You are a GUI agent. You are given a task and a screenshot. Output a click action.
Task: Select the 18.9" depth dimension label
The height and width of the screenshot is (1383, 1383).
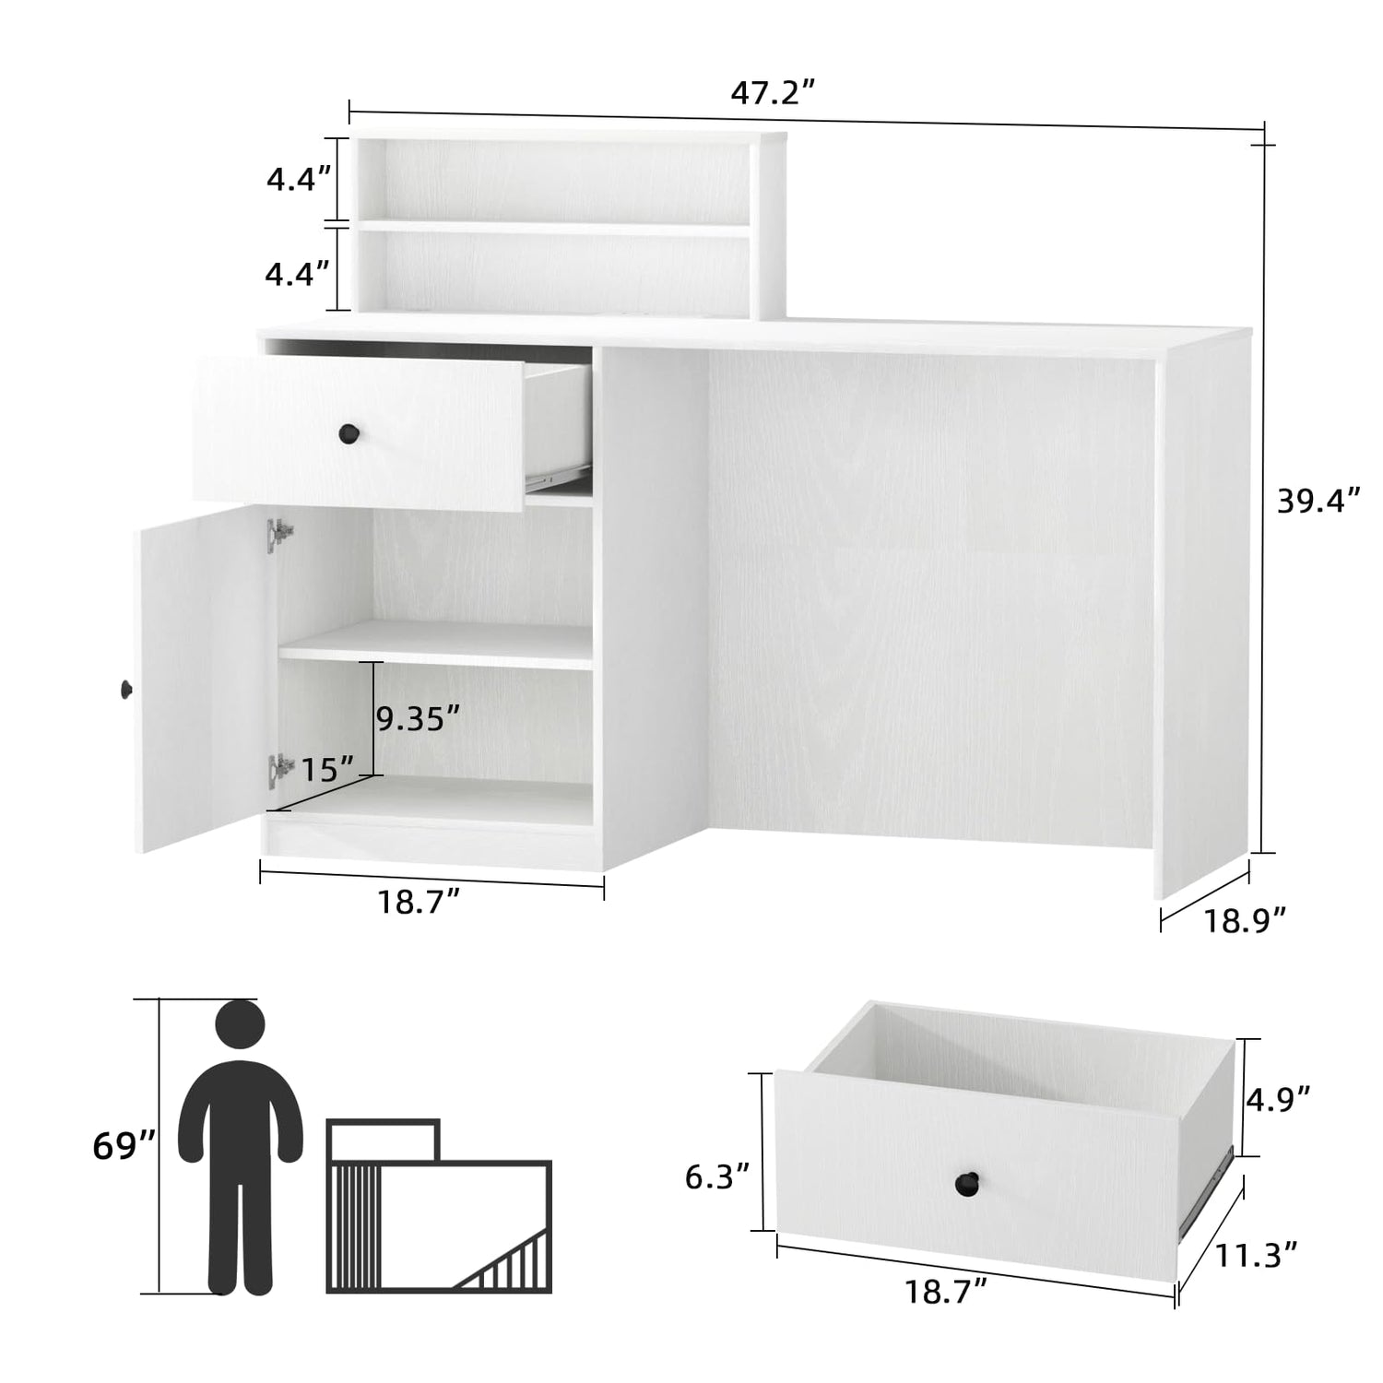click(1244, 918)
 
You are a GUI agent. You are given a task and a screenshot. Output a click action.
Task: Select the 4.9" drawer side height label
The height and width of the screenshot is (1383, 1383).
click(1279, 1097)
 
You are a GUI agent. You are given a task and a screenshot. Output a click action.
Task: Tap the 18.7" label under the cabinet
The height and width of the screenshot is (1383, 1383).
click(419, 901)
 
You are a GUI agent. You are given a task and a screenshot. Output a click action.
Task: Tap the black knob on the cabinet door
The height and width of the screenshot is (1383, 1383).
click(126, 688)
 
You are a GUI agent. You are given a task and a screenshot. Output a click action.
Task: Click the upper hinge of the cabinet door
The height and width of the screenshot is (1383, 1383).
click(279, 535)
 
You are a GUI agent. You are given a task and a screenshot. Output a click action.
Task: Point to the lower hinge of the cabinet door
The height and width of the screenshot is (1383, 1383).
click(279, 770)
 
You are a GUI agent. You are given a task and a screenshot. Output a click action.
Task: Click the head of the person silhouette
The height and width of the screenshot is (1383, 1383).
click(240, 1024)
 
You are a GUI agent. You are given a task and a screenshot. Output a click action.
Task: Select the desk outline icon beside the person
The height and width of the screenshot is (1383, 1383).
click(439, 1205)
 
